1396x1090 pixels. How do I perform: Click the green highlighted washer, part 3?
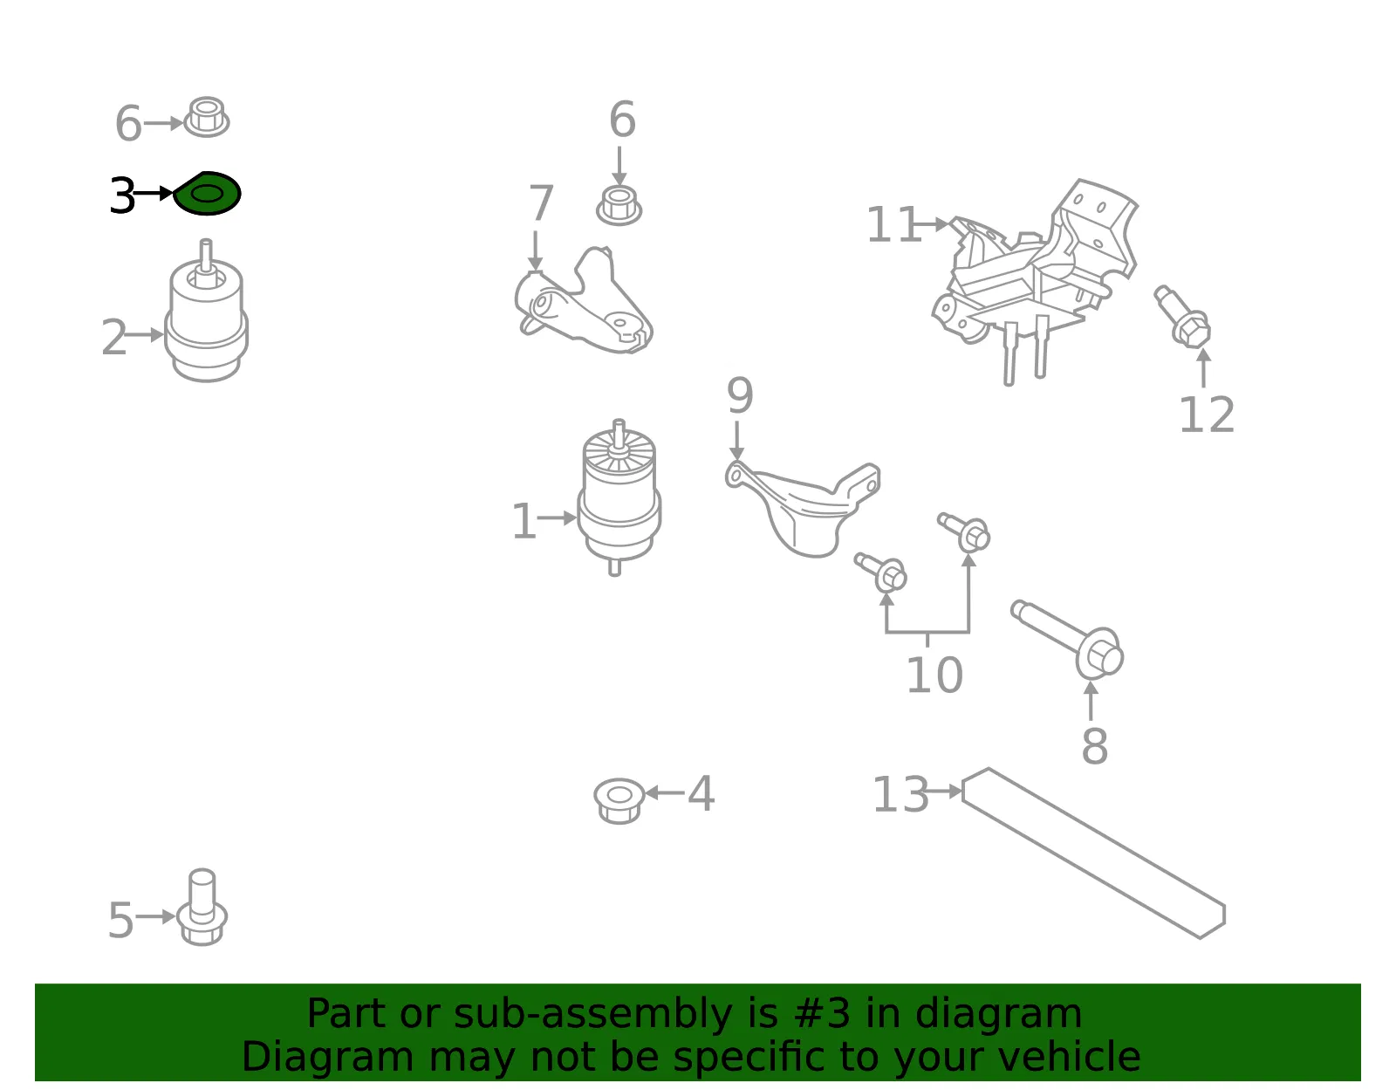[x=207, y=194]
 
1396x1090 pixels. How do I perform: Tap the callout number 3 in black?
[x=122, y=195]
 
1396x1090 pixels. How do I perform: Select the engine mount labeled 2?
[x=206, y=312]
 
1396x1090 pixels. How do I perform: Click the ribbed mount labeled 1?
[x=619, y=497]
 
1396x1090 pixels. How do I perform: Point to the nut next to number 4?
[x=619, y=801]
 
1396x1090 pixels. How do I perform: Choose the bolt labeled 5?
[x=202, y=907]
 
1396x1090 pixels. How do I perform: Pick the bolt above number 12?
[x=1182, y=317]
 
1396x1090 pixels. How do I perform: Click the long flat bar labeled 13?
[x=1093, y=853]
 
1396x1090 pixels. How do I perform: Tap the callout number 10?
[x=934, y=675]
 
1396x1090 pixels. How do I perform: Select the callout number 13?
[x=900, y=794]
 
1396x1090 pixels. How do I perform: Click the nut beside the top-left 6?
[x=206, y=117]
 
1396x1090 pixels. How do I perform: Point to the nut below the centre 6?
[x=619, y=206]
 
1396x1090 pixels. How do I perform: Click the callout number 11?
[x=893, y=224]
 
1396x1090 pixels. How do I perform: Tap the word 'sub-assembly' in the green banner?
[x=592, y=1013]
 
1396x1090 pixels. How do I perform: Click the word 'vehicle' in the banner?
[x=1069, y=1056]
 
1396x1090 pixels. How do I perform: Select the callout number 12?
[x=1208, y=415]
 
